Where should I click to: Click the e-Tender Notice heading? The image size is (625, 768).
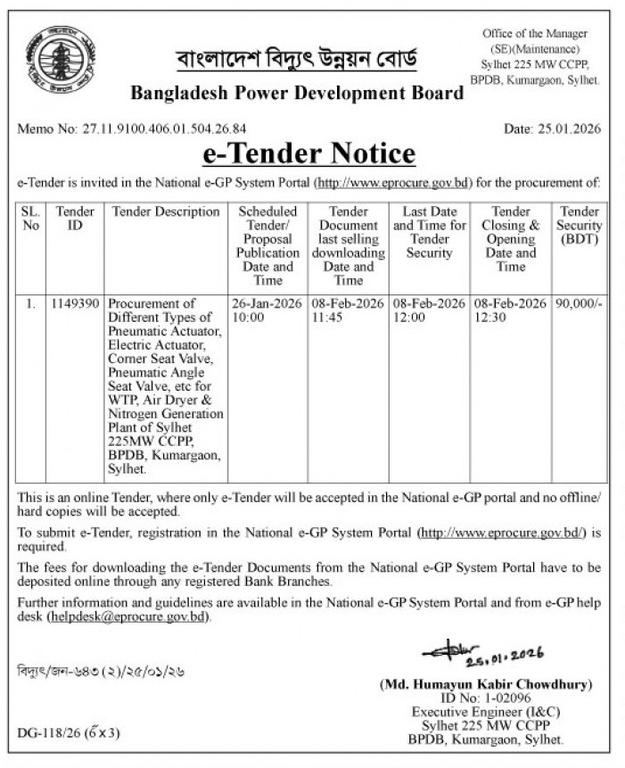click(x=309, y=153)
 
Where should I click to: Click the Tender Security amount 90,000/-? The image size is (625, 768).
click(x=579, y=304)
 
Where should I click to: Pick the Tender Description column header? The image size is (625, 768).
click(x=166, y=212)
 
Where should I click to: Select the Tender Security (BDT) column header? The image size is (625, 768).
click(x=579, y=226)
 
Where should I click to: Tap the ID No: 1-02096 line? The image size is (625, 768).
click(x=486, y=698)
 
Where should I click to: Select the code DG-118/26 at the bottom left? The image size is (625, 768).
click(x=68, y=733)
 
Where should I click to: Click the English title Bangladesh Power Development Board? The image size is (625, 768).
click(x=297, y=93)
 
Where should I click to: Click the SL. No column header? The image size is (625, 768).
click(x=31, y=219)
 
